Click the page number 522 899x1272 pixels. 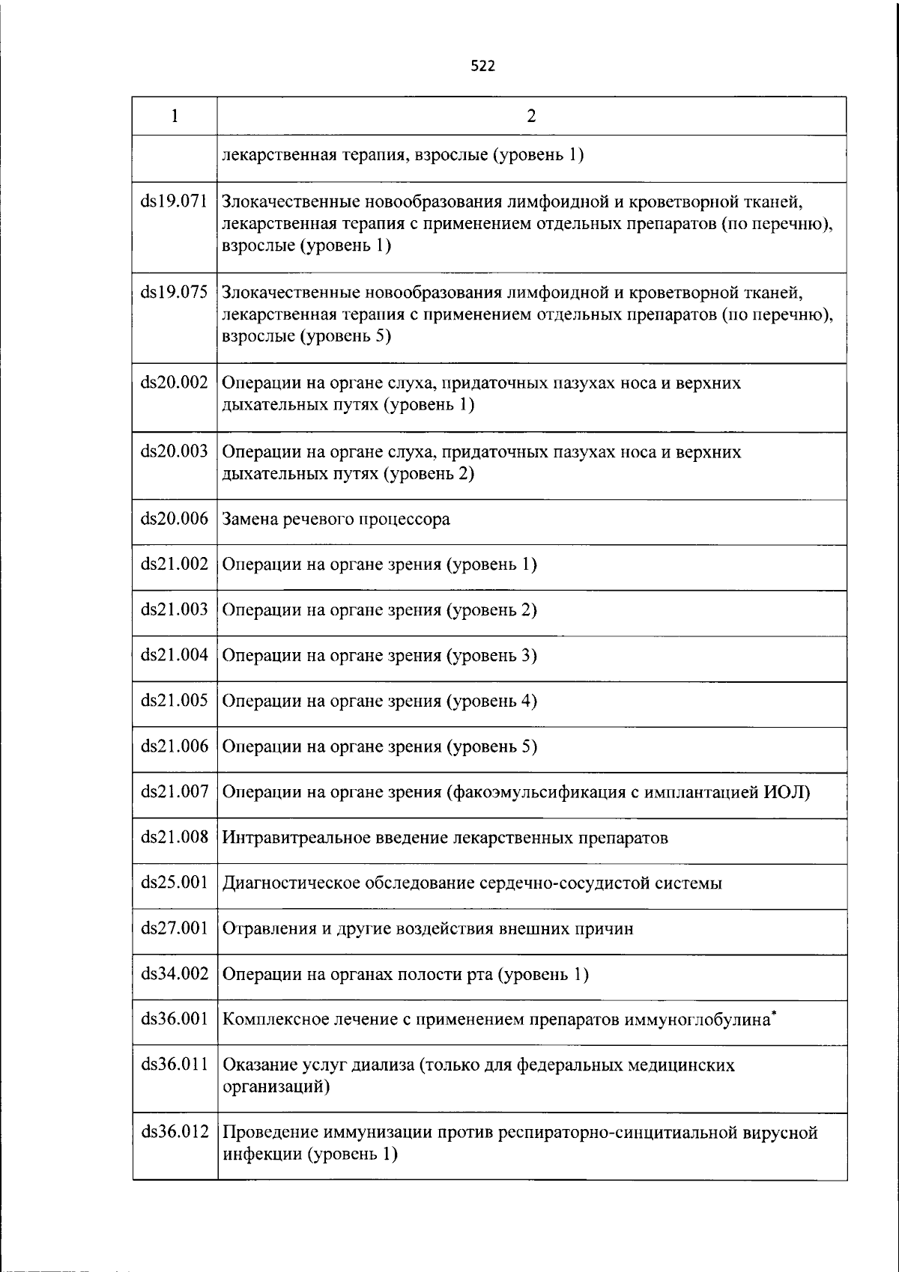coord(482,67)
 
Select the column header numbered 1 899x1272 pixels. coord(174,116)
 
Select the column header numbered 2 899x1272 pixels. coord(531,116)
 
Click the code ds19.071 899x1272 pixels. coord(174,201)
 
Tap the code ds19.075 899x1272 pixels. coord(174,292)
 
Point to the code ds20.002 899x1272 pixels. coord(174,383)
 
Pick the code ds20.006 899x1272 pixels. coord(174,519)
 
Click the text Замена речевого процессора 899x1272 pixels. coord(336,520)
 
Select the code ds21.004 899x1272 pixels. coord(174,655)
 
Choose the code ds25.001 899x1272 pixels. coord(174,883)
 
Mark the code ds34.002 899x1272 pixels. coord(174,974)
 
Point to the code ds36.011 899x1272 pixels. coord(174,1065)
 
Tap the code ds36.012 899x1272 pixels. coord(174,1132)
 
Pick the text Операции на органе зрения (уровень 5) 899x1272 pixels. coord(380,746)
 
